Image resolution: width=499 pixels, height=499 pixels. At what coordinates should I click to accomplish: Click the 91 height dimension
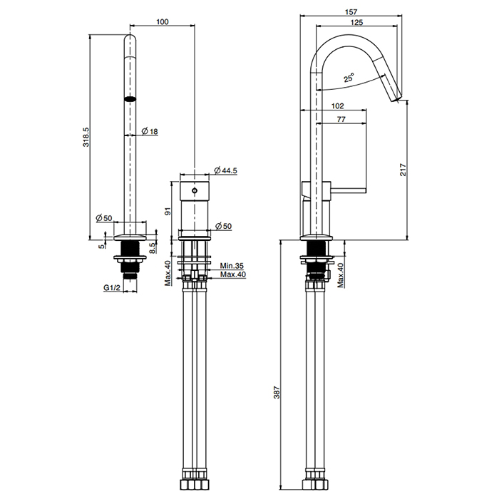pyautogui.click(x=168, y=210)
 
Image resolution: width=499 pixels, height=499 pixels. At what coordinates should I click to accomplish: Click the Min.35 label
pyautogui.click(x=232, y=264)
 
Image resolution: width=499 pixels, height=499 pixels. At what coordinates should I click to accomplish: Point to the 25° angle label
pyautogui.click(x=348, y=79)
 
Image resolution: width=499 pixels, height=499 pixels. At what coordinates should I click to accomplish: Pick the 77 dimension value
pyautogui.click(x=341, y=120)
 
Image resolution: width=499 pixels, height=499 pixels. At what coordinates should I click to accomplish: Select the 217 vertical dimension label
pyautogui.click(x=403, y=169)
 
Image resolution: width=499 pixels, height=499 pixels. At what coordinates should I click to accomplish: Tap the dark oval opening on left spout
pyautogui.click(x=130, y=98)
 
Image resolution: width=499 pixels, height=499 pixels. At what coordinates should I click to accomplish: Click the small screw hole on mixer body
pyautogui.click(x=195, y=192)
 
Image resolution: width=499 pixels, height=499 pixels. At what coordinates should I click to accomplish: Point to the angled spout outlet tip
pyautogui.click(x=395, y=98)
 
